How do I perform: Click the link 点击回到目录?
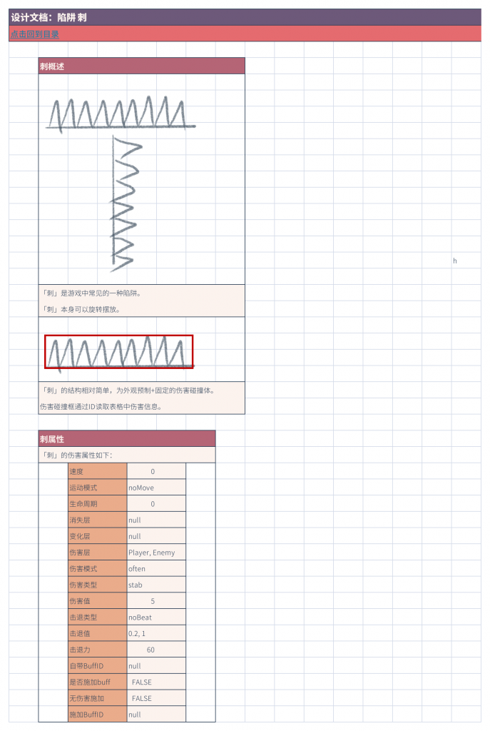pos(35,34)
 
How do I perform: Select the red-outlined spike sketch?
pos(119,352)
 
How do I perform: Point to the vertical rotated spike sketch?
pos(125,204)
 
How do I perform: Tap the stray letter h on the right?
pos(455,261)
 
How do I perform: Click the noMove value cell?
pos(156,488)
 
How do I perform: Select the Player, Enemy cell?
pos(156,553)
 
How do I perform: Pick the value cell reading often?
pos(156,569)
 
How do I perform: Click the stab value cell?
pos(156,585)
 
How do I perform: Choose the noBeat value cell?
pos(156,617)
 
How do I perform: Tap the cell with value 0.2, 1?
pos(156,634)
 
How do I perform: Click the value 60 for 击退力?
pos(150,650)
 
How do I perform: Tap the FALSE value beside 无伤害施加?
pos(142,698)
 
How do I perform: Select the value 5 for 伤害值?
pos(153,601)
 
